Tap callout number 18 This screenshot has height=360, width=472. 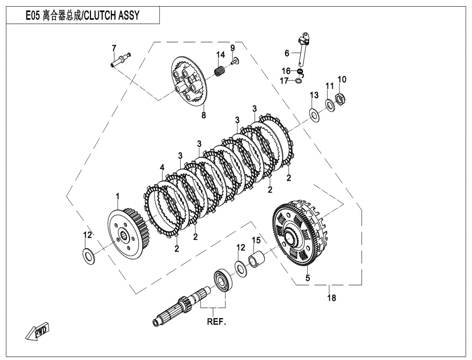(x=331, y=298)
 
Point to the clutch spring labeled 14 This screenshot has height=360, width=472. (x=220, y=73)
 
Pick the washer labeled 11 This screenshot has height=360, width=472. (x=330, y=104)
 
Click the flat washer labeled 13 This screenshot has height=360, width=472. (x=315, y=115)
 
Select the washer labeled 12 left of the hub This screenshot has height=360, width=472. (x=88, y=255)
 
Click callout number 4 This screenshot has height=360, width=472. (x=162, y=167)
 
